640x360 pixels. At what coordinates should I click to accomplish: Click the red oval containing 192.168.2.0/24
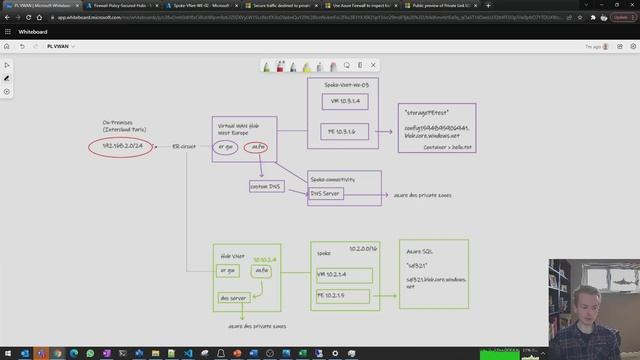tap(124, 147)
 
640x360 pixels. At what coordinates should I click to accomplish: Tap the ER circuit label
tap(183, 146)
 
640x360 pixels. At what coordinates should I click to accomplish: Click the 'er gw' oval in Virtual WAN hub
tap(228, 147)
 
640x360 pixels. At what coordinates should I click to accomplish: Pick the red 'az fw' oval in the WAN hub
tap(257, 147)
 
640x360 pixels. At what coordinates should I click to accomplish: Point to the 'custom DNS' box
tap(265, 186)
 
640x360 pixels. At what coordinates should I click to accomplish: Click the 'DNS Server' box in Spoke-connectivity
tap(326, 193)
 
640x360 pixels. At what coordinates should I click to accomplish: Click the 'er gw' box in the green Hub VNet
tap(230, 270)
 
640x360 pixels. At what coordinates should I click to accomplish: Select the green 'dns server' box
tap(233, 298)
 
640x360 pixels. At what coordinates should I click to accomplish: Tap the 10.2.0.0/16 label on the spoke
tap(363, 246)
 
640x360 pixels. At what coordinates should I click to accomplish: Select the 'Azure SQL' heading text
tap(419, 255)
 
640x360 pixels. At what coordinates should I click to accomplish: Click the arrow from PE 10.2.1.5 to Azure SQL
tap(385, 297)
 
